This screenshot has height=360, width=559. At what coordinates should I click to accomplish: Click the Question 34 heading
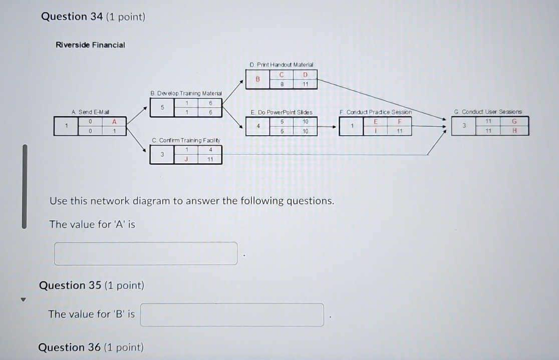click(x=93, y=17)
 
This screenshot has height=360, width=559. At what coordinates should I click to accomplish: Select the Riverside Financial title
click(x=90, y=45)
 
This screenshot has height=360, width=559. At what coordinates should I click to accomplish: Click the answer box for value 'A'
click(x=145, y=253)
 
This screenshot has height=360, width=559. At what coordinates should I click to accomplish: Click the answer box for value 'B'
click(x=231, y=314)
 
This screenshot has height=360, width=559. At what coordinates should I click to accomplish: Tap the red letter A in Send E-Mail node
click(x=114, y=122)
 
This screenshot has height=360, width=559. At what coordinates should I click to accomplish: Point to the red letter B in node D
click(x=258, y=79)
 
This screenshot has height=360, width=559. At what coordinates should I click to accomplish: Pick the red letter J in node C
click(x=186, y=160)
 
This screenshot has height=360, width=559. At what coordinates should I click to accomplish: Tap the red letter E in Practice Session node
click(x=376, y=122)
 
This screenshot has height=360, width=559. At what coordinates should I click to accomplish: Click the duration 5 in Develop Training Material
click(x=162, y=107)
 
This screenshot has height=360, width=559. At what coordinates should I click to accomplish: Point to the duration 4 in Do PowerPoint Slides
click(x=258, y=126)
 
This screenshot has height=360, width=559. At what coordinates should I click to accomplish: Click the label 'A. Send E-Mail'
click(x=91, y=112)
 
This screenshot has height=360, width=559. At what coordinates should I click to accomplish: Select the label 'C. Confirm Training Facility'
click(x=186, y=141)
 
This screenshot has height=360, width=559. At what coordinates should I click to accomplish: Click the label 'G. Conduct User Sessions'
click(x=488, y=112)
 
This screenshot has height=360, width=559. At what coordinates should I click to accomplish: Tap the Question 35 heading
click(x=91, y=285)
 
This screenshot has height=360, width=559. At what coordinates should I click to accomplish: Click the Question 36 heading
click(x=91, y=347)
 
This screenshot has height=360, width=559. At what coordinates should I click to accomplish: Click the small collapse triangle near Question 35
click(x=22, y=300)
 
